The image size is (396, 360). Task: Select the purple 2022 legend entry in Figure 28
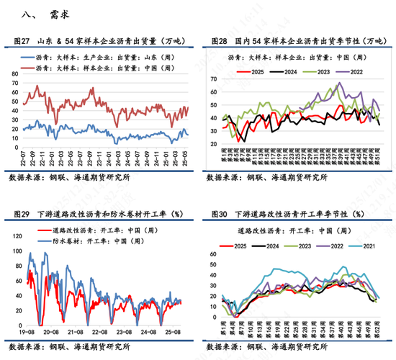tap(355, 71)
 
